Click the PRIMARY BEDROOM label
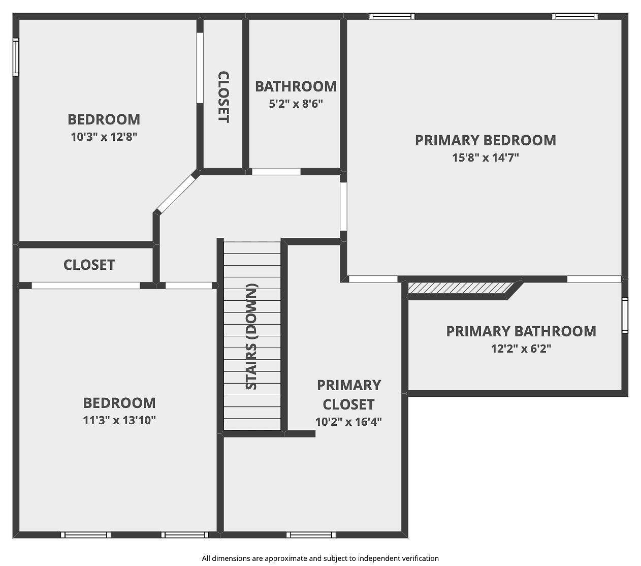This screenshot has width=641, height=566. [486, 140]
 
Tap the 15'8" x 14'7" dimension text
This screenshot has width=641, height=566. [486, 158]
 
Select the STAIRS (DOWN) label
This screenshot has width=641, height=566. [251, 336]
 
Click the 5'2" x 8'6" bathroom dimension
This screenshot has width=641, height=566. [296, 104]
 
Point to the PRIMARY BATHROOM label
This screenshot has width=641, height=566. [521, 331]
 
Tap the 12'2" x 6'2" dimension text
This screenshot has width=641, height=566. [521, 349]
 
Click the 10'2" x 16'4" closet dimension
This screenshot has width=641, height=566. [348, 422]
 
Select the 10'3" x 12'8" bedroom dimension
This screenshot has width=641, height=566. [104, 137]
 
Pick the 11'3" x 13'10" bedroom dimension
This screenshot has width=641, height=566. [119, 420]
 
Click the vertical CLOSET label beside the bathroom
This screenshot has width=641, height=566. [223, 97]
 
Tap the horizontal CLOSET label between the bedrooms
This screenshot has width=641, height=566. [89, 265]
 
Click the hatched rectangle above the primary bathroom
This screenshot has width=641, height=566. [460, 288]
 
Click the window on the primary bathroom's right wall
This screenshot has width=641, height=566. [625, 315]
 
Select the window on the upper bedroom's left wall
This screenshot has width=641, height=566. [16, 57]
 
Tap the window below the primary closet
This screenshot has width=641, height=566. [311, 534]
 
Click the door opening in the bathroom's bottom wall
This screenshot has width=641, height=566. [276, 172]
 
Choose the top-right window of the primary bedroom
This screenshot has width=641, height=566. [575, 16]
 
